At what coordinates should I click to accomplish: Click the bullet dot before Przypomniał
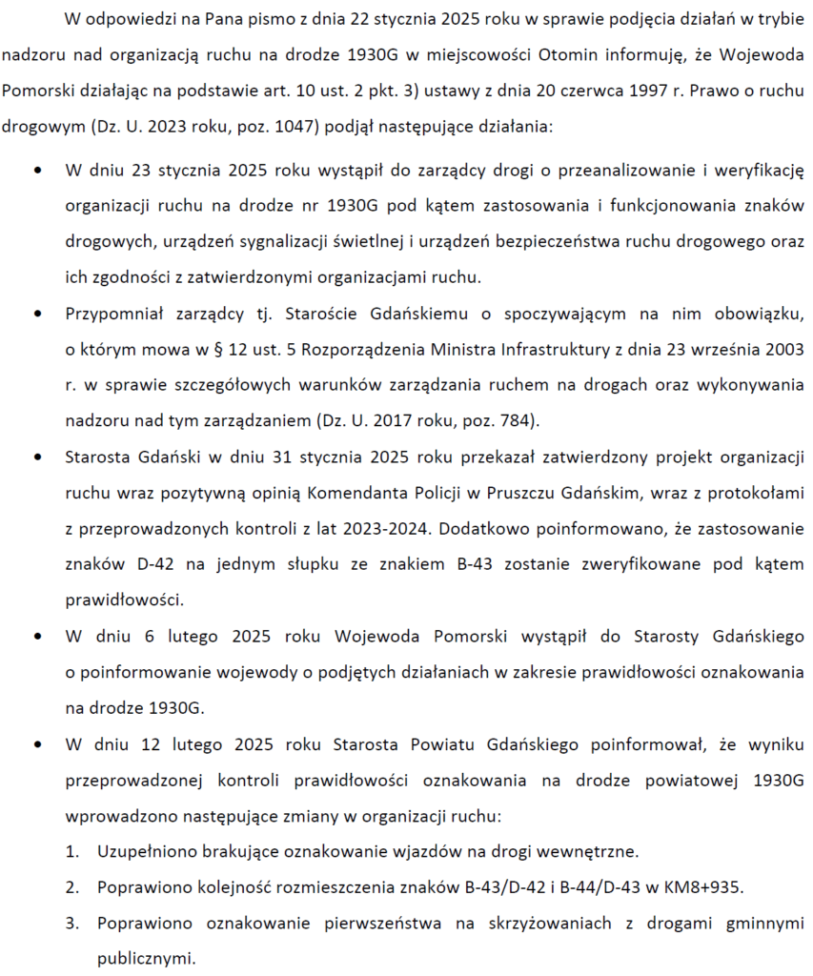click(37, 314)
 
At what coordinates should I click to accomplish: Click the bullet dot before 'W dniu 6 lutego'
click(37, 636)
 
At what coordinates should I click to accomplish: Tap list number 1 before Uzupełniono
click(71, 850)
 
